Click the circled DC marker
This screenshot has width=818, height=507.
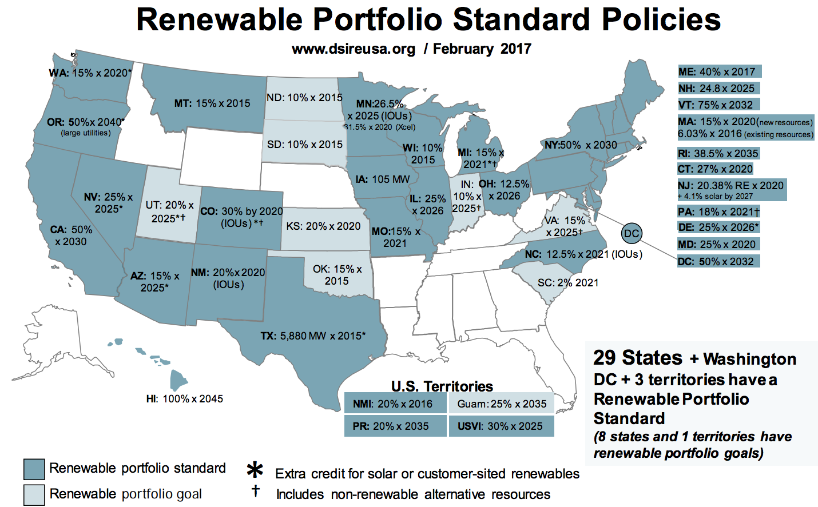click(632, 233)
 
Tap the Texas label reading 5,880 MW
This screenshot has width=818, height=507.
click(313, 336)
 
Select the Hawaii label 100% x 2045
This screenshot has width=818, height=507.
click(185, 399)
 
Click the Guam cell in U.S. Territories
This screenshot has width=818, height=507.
click(502, 404)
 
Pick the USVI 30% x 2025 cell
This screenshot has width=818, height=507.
click(501, 426)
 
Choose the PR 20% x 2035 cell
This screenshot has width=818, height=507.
click(395, 426)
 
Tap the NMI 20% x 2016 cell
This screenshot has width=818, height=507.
click(395, 404)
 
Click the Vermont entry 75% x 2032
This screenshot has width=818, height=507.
click(718, 105)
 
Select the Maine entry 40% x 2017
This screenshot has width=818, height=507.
click(718, 72)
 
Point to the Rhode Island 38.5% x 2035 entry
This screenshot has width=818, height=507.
click(718, 153)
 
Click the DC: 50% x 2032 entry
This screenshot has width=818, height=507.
click(718, 262)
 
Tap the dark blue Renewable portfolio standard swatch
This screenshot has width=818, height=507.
click(34, 469)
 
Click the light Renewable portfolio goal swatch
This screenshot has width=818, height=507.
click(34, 494)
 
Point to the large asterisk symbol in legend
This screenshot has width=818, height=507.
click(255, 470)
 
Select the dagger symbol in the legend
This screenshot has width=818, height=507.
click(255, 491)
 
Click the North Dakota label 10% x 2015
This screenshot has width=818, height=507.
click(304, 98)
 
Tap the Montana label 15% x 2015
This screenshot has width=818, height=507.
click(212, 103)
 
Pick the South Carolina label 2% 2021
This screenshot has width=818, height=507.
click(567, 283)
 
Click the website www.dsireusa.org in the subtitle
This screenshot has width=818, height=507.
click(354, 49)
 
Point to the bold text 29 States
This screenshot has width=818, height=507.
click(637, 358)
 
